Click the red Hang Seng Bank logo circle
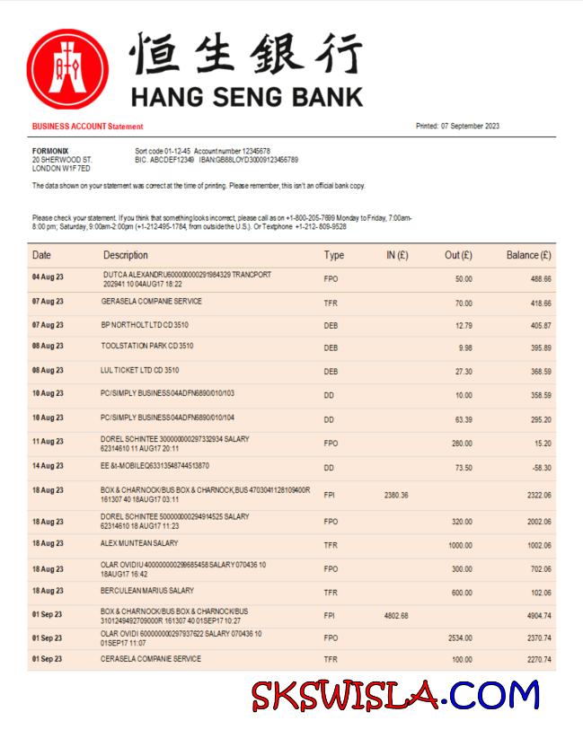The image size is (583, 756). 68,70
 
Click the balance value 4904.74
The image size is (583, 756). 535,616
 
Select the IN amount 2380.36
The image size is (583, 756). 396,495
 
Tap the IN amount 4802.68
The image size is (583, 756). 396,616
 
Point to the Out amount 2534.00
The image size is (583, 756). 460,637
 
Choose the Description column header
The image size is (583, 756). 125,256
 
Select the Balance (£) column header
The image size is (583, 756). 528,256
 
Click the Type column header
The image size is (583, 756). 333,256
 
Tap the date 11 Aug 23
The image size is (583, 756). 48,442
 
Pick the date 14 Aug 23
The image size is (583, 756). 48,466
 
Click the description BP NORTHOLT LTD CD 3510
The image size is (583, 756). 145,324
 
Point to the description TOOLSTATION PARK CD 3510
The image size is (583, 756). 147,346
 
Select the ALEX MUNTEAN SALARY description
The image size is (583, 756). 139,543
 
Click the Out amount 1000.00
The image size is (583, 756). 460,545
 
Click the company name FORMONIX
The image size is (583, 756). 50,151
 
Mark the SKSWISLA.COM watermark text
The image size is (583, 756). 395,696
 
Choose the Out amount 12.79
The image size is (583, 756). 464,325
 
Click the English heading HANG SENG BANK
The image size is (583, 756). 247,96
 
